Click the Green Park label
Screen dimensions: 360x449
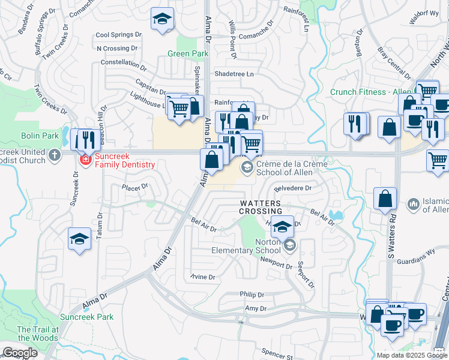coord(188,53)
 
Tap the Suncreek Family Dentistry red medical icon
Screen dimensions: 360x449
coord(85,160)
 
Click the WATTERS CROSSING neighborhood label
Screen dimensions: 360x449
coord(261,207)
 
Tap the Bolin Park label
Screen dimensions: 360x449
coord(40,136)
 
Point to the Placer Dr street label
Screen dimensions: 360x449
coord(135,187)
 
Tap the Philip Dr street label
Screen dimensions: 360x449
coord(252,295)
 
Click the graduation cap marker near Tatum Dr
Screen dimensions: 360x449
coord(79,239)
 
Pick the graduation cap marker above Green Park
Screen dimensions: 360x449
coord(161,19)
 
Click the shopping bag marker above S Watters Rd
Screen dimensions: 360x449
coord(385,199)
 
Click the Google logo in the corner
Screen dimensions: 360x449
coord(20,353)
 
